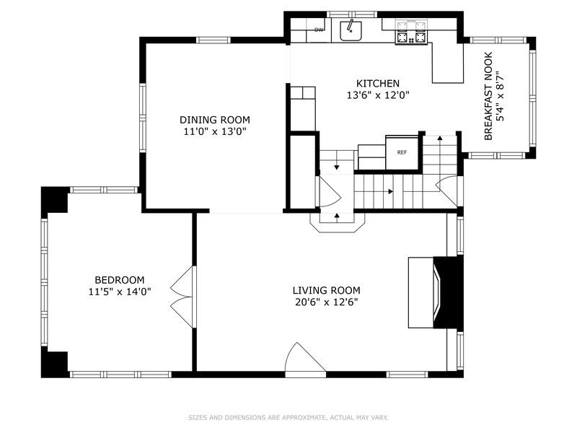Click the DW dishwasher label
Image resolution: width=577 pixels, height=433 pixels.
(318, 30)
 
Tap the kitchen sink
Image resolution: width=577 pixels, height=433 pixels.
(351, 31)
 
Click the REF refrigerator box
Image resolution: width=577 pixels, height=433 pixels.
(402, 152)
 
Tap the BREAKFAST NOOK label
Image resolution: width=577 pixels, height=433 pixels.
(488, 95)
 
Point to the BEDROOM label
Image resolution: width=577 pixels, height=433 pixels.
(120, 280)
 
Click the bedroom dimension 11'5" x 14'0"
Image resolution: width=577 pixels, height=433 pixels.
(120, 292)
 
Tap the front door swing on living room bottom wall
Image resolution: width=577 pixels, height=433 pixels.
(301, 359)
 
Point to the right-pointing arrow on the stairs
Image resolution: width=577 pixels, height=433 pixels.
(389, 192)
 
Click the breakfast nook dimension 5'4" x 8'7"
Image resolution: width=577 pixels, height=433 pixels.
(500, 95)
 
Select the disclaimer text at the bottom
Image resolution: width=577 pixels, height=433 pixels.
(288, 417)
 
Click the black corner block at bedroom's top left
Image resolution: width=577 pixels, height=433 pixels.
(54, 200)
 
